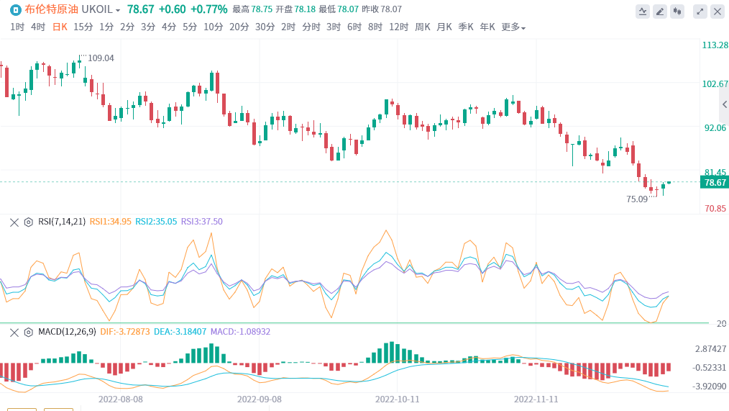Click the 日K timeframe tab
[x=60, y=27]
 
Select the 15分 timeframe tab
[x=83, y=27]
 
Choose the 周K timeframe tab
[x=423, y=27]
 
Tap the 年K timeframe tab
[x=487, y=27]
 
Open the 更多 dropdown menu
[x=513, y=27]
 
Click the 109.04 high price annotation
[x=101, y=58]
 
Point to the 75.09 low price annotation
[x=637, y=199]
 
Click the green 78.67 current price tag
[x=715, y=183]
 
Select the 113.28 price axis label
[x=715, y=45]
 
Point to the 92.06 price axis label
[x=715, y=128]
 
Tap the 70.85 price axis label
[x=715, y=209]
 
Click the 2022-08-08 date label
[x=121, y=398]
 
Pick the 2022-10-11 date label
[x=397, y=398]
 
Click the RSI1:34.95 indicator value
[x=110, y=222]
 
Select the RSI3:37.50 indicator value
[x=201, y=222]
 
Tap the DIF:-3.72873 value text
[x=126, y=332]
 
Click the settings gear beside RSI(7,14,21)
[x=29, y=222]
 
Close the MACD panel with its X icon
[x=14, y=332]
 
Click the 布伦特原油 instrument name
[x=52, y=9]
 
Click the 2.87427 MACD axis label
[x=710, y=349]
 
